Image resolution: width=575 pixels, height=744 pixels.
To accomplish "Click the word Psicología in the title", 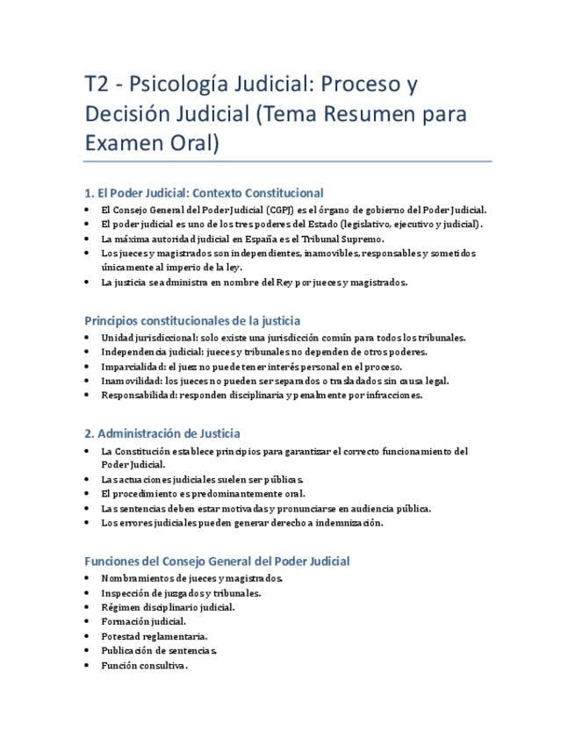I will [180, 85].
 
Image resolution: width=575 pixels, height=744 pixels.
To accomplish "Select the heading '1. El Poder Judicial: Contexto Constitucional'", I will [204, 193].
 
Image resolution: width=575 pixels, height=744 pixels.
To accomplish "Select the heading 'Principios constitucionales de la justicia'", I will [192, 321].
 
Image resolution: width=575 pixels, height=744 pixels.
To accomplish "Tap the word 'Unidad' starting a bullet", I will [118, 338].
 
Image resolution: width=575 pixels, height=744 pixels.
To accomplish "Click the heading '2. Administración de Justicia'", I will [162, 433].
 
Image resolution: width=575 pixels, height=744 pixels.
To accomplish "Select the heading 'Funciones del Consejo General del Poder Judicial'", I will [217, 562].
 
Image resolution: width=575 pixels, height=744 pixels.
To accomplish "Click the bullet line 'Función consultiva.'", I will [145, 666].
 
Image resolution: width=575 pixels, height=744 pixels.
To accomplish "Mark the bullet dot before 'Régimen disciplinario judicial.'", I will [87, 607].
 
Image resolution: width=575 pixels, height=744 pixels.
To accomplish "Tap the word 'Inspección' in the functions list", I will [128, 593].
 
